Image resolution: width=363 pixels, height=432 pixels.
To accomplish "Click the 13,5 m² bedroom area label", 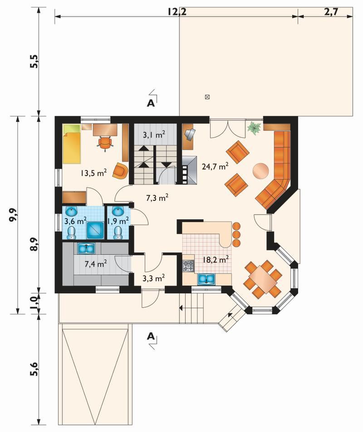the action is tap(94, 173).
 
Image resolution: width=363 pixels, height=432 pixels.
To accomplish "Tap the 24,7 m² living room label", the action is tap(215, 166).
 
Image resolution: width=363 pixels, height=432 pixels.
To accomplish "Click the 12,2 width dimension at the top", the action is tap(177, 12).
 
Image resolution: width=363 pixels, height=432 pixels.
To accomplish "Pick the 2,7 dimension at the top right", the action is tap(331, 12).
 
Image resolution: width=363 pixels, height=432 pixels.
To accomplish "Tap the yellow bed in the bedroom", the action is tap(72, 144).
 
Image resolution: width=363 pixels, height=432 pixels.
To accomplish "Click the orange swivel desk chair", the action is tap(105, 143).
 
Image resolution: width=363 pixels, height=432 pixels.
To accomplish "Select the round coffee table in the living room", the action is tap(260, 171).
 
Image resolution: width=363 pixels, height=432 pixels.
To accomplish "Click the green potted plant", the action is tap(254, 128).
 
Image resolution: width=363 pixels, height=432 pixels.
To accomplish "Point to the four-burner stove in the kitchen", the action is tap(189, 266).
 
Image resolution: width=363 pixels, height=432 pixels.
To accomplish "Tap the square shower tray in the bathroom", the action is tap(95, 230).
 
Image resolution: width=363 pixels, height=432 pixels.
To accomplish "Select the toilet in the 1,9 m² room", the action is tap(118, 233).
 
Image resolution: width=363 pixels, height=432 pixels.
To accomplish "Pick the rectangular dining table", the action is tap(263, 279).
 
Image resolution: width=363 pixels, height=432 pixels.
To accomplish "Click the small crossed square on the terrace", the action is tap(207, 97).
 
